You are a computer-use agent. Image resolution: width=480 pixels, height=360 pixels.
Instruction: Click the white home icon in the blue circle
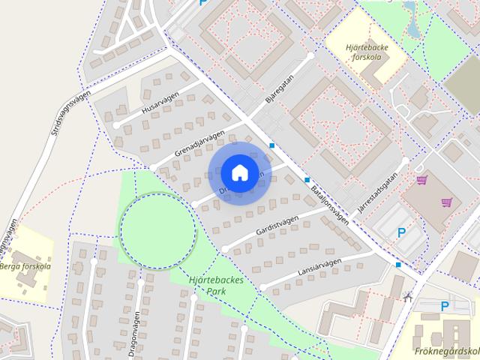pos(239,172)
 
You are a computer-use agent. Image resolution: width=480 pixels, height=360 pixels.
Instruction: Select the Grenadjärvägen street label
pos(199,144)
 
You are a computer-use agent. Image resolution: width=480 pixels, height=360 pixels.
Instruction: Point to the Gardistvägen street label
pos(277,222)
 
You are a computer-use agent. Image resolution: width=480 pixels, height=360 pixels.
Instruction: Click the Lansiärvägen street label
pos(319,268)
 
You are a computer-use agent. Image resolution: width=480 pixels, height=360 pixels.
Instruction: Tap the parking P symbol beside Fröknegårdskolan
pos(445,307)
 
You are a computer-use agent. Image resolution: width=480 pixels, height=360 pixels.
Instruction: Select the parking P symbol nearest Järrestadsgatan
pos(402,233)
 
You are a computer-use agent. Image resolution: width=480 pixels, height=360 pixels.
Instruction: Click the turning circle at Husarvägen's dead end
pos(116,124)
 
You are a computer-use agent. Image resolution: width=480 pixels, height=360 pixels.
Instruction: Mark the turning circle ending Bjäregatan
pos(310,55)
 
